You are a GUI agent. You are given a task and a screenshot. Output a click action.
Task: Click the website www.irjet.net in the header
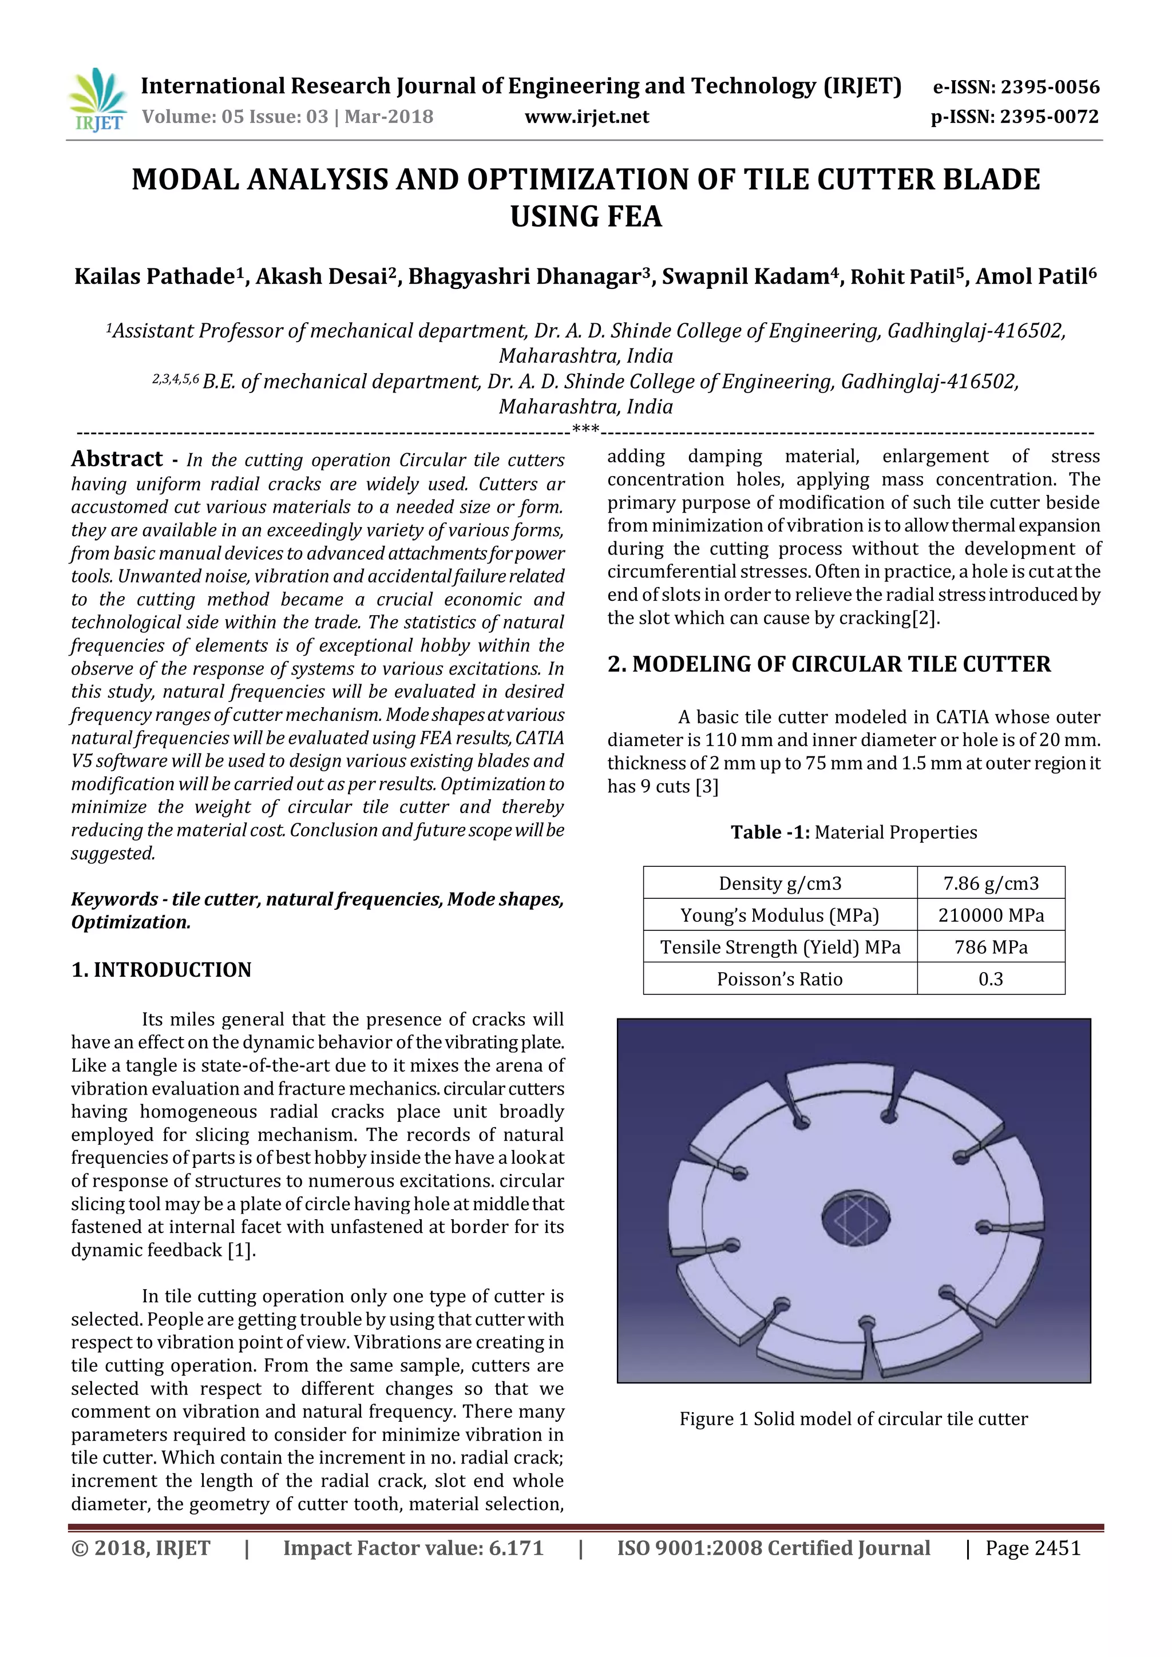click(x=586, y=117)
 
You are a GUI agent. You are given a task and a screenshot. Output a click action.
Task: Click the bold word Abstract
click(x=117, y=459)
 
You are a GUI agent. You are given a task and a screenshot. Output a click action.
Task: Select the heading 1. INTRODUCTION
click(x=161, y=969)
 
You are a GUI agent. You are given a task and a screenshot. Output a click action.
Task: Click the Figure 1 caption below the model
click(x=853, y=1419)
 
